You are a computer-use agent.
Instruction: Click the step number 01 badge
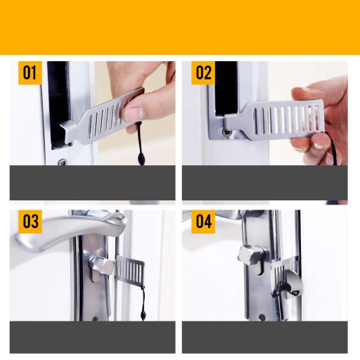(x=30, y=72)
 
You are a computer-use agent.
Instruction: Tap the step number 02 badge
(x=203, y=72)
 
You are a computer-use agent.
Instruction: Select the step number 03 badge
(x=30, y=221)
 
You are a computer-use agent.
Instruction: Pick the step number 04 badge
(x=203, y=221)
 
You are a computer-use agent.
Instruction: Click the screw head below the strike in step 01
(x=63, y=162)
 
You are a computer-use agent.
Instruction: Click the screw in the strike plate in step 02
(x=226, y=132)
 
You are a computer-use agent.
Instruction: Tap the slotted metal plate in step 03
(x=130, y=270)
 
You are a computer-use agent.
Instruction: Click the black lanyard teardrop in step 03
(x=142, y=314)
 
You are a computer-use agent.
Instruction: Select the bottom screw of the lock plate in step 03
(x=95, y=319)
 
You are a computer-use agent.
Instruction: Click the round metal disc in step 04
(x=293, y=286)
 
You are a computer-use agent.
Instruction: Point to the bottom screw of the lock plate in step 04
(x=262, y=318)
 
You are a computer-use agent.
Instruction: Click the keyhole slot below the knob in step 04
(x=259, y=270)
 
